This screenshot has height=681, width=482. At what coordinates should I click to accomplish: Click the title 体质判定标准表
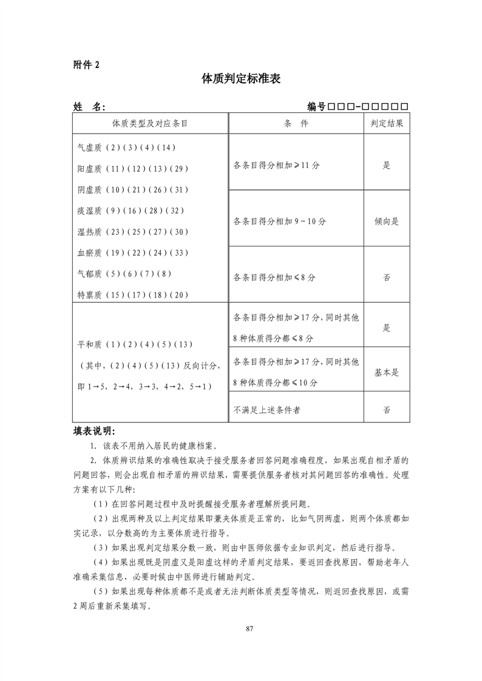pyautogui.click(x=241, y=79)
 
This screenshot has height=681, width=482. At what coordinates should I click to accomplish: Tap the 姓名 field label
pyautogui.click(x=89, y=107)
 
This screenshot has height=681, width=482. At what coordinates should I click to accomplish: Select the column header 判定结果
pyautogui.click(x=387, y=123)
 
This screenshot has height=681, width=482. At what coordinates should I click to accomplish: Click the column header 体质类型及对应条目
pyautogui.click(x=149, y=123)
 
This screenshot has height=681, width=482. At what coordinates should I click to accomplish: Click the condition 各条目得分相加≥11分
pyautogui.click(x=276, y=164)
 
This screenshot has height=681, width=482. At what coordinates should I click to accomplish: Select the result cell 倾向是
pyautogui.click(x=387, y=222)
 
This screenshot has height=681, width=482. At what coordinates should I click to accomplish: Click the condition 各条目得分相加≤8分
pyautogui.click(x=274, y=277)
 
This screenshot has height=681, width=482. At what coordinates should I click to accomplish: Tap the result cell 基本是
pyautogui.click(x=387, y=372)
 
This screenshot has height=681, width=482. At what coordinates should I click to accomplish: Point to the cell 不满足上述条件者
pyautogui.click(x=266, y=410)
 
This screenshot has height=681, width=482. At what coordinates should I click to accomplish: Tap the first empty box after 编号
pyautogui.click(x=331, y=107)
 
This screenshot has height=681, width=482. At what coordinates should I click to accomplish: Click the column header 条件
pyautogui.click(x=296, y=123)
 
